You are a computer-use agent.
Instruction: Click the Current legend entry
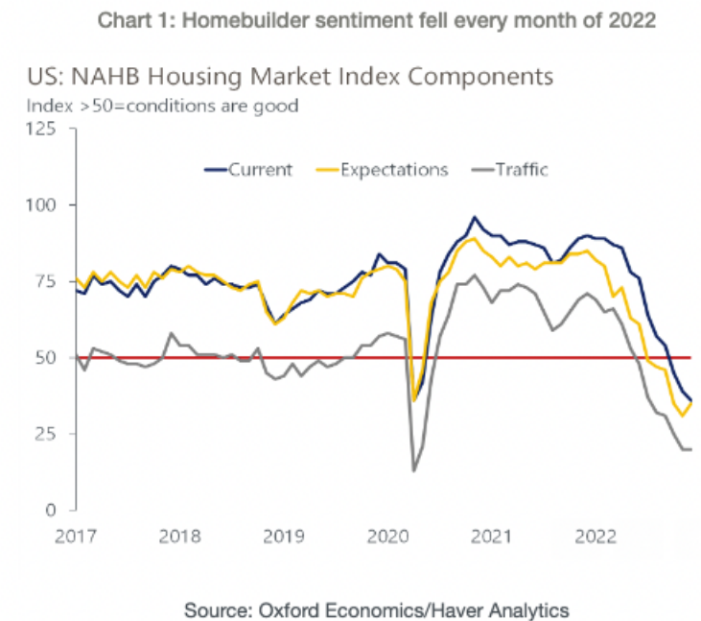tap(260, 170)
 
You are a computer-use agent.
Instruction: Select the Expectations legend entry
tap(394, 170)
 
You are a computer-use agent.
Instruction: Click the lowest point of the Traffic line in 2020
tap(413, 470)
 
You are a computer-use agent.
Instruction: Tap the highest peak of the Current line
tap(474, 217)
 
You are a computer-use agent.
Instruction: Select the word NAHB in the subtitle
tap(137, 75)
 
